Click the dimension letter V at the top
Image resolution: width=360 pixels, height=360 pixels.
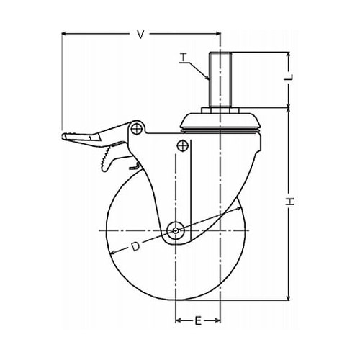coord(141,35)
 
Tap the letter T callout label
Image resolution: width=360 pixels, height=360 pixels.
coord(184,58)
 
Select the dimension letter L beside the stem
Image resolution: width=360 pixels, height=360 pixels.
coord(290,77)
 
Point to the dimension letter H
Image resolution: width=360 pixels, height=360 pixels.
coord(290,202)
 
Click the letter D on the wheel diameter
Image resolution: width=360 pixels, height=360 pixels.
coord(135,246)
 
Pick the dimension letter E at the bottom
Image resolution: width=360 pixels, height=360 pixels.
coord(198,320)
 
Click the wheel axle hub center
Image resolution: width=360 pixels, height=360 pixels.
coord(176,230)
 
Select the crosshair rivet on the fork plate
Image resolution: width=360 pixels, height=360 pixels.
coord(182,145)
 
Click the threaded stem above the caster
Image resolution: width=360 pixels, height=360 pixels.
coord(220,79)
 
